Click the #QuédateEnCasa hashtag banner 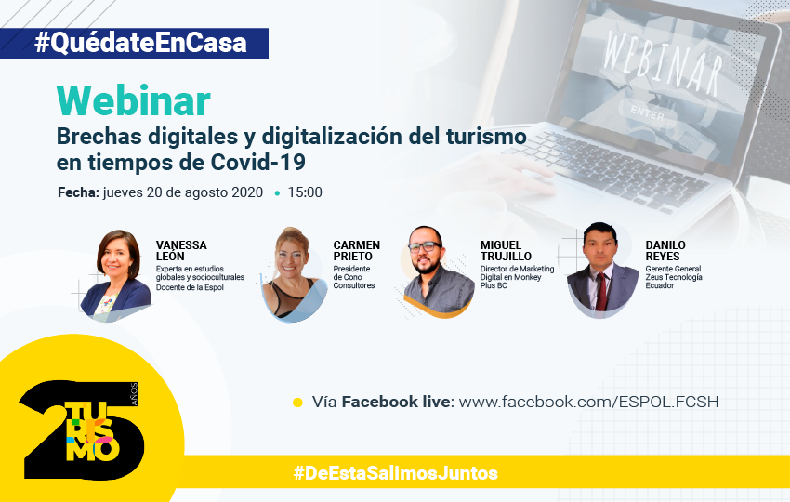click(x=134, y=44)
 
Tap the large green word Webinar click(x=133, y=101)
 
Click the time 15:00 click(x=305, y=192)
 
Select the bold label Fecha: click(x=78, y=192)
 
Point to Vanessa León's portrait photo click(x=116, y=275)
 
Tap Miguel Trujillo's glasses click(x=425, y=247)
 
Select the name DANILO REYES click(x=665, y=250)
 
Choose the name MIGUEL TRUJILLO click(x=506, y=250)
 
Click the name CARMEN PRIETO click(x=356, y=250)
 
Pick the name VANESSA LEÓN click(x=181, y=250)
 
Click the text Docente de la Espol click(x=190, y=287)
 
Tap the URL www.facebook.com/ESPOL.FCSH click(x=588, y=402)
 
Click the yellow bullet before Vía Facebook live click(x=297, y=403)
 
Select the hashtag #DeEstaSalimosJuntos click(x=396, y=473)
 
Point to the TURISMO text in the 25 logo click(x=92, y=431)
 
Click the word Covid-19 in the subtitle click(x=258, y=163)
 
